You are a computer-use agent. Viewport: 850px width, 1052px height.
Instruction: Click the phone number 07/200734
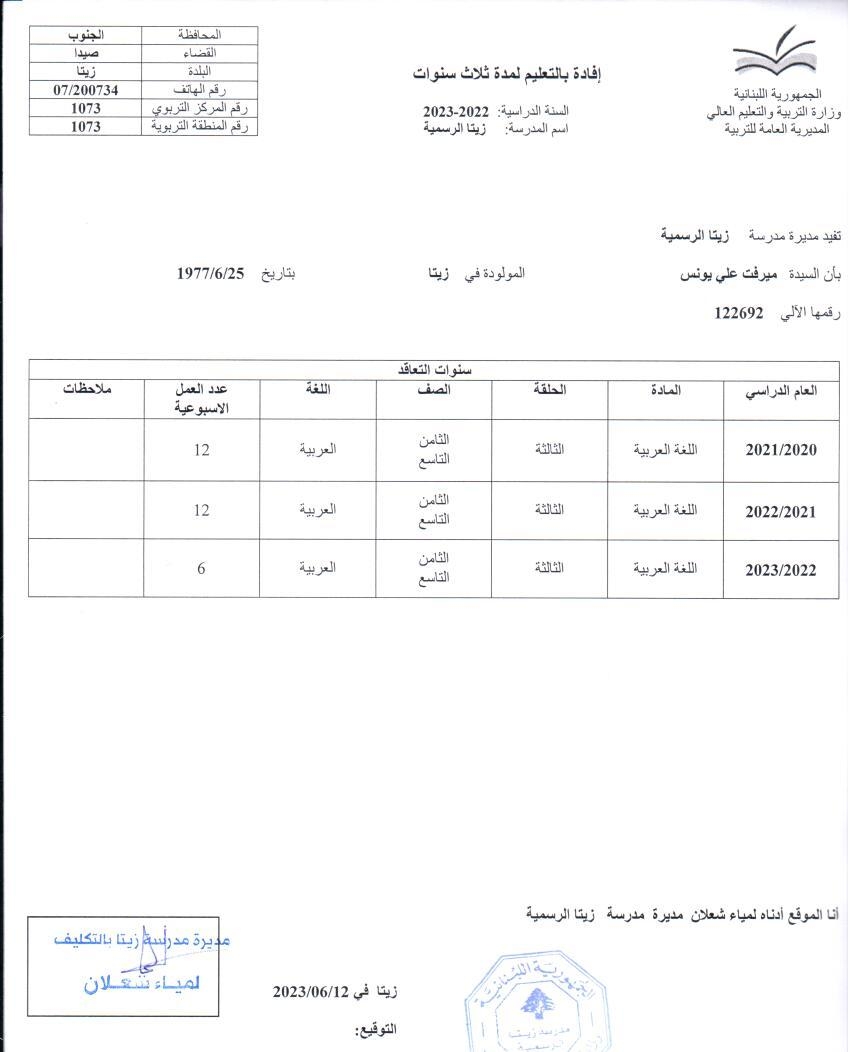pyautogui.click(x=86, y=90)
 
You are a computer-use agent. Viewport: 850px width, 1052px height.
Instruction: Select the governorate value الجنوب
pyautogui.click(x=86, y=35)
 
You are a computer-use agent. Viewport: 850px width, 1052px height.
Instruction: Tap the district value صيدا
pyautogui.click(x=86, y=53)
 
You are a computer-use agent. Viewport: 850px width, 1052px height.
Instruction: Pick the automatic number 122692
pyautogui.click(x=739, y=313)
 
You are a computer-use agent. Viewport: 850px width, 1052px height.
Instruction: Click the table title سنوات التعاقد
pyautogui.click(x=433, y=369)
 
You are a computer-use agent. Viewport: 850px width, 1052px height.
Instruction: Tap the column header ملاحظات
pyautogui.click(x=85, y=390)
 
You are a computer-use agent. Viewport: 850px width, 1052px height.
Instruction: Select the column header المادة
pyautogui.click(x=665, y=390)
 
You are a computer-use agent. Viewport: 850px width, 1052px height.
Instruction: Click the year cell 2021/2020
pyautogui.click(x=781, y=450)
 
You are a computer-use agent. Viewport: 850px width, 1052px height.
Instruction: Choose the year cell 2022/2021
pyautogui.click(x=781, y=511)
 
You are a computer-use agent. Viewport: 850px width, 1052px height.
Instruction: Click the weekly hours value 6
pyautogui.click(x=201, y=568)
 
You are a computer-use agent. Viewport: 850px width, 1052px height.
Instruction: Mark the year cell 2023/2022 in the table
pyautogui.click(x=781, y=570)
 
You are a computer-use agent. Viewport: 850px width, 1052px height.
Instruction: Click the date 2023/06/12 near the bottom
pyautogui.click(x=309, y=991)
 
